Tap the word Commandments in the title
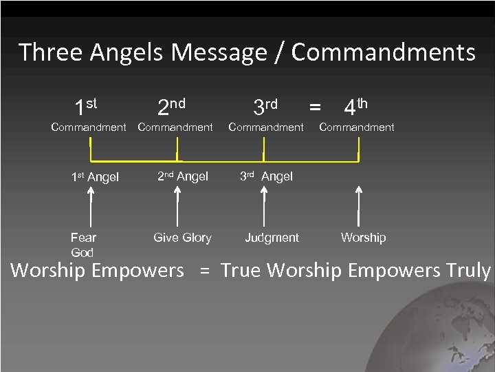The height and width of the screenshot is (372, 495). (x=383, y=52)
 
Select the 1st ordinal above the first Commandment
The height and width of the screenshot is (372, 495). (x=86, y=105)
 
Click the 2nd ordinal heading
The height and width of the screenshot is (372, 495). (x=171, y=105)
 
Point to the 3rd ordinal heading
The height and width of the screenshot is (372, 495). (x=265, y=105)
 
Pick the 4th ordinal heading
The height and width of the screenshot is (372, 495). (x=355, y=105)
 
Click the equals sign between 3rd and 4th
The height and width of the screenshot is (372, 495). (x=315, y=107)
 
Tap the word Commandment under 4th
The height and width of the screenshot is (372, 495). (x=357, y=127)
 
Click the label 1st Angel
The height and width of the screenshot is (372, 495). (x=95, y=177)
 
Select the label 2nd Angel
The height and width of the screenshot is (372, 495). (x=183, y=176)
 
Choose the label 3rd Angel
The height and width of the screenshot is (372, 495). (x=266, y=176)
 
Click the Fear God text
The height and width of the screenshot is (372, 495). (x=83, y=245)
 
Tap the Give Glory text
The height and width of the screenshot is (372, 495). (x=182, y=238)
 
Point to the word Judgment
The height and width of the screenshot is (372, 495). (x=272, y=238)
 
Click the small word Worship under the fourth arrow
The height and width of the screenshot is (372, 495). (x=363, y=238)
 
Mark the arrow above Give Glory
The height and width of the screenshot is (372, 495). (x=178, y=207)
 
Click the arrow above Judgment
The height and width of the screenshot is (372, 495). (x=265, y=207)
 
